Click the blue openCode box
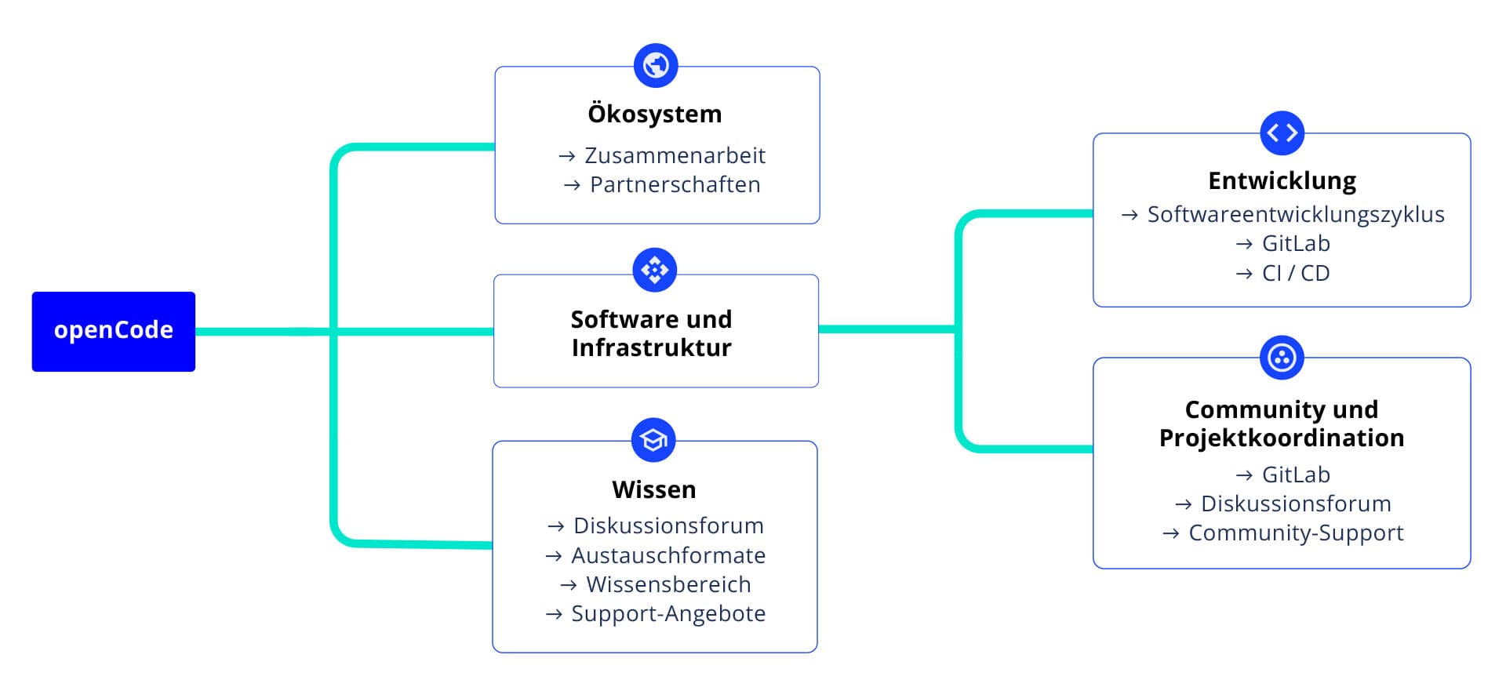pos(114,331)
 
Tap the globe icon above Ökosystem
pos(656,65)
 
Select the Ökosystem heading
pos(655,114)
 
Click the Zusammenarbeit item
pos(675,155)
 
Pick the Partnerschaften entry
pos(675,184)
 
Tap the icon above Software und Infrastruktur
pos(655,270)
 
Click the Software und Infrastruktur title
pos(651,333)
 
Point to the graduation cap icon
pos(653,440)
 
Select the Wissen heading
pos(654,489)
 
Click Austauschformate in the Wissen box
pos(668,555)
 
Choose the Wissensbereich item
pos(668,584)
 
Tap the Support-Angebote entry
pos(668,613)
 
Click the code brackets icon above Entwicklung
pos(1282,133)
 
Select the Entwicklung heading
pos(1282,180)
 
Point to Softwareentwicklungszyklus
pos(1295,214)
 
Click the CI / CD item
pos(1295,273)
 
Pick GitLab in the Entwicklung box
pos(1295,243)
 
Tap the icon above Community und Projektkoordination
pos(1282,358)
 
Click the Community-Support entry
pos(1296,533)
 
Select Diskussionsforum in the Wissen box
pos(668,525)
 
